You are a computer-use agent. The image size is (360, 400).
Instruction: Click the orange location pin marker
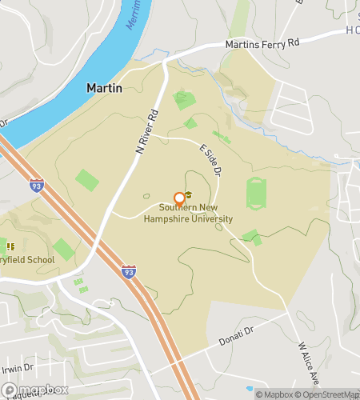pyautogui.click(x=178, y=199)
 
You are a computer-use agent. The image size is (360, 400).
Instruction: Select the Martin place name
pyautogui.click(x=104, y=88)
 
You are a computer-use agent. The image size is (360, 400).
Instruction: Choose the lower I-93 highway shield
pyautogui.click(x=128, y=272)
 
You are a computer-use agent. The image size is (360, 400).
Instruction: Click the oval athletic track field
pyautogui.click(x=255, y=194)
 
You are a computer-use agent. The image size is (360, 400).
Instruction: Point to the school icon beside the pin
pyautogui.click(x=190, y=195)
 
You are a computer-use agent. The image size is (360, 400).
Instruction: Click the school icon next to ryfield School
pyautogui.click(x=11, y=245)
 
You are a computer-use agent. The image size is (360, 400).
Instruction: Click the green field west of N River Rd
pyautogui.click(x=86, y=180)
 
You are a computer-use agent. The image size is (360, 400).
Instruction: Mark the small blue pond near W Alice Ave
pyautogui.click(x=250, y=389)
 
